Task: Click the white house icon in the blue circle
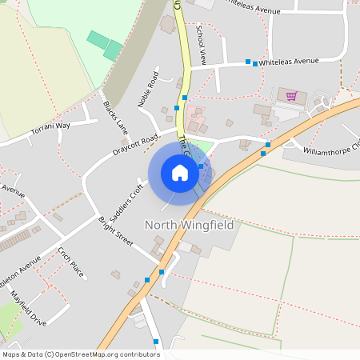point(180,172)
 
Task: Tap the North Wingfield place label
point(190,226)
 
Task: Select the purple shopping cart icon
point(291,96)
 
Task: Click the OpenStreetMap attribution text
point(80,354)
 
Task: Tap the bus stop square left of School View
point(185,97)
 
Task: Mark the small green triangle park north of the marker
point(202,146)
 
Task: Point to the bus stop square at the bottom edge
point(156,342)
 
